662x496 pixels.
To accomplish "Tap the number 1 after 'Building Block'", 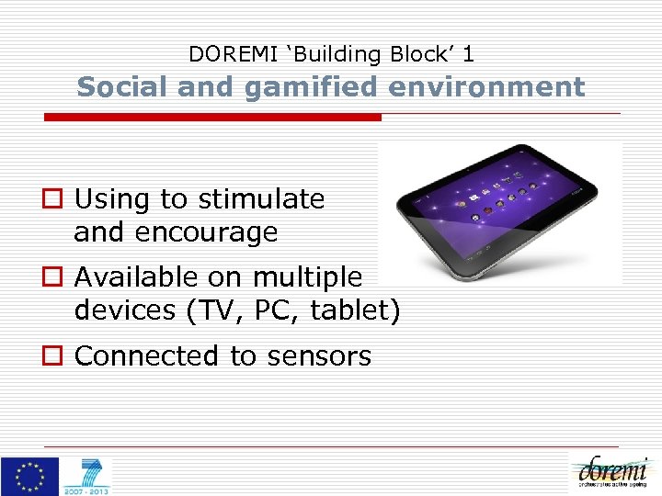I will tap(468, 54).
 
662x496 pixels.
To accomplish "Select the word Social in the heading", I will tap(117, 86).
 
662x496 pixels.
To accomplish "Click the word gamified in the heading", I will tap(295, 86).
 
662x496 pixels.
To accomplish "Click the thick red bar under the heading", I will tap(213, 118).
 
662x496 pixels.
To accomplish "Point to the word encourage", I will tap(206, 233).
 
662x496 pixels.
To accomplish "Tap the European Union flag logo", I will tap(29, 475).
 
